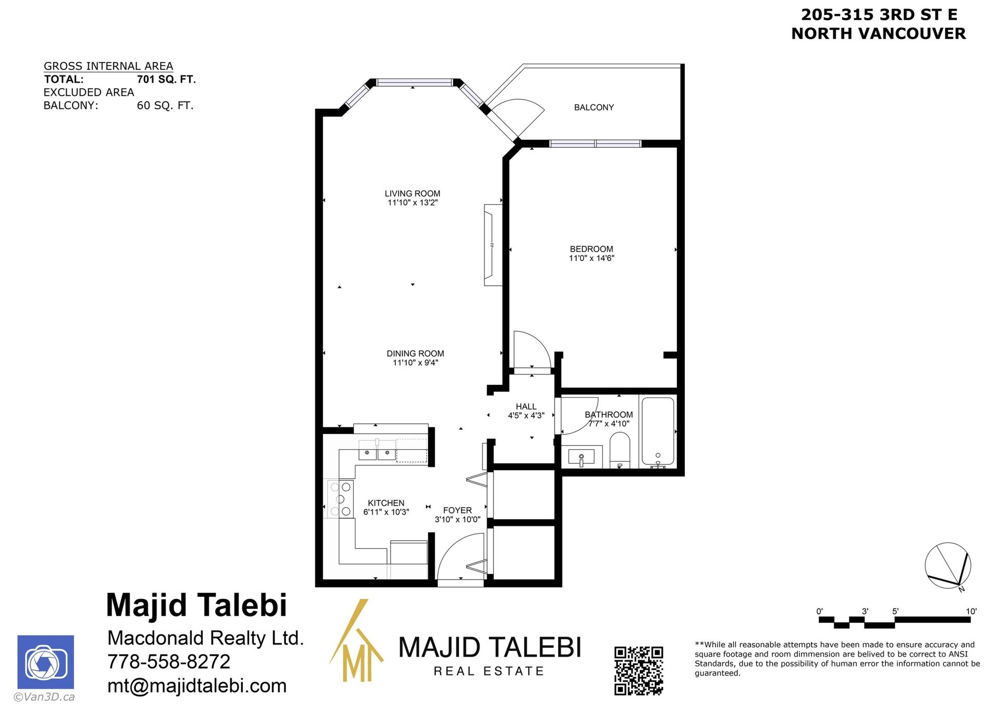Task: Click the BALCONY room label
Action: pyautogui.click(x=594, y=107)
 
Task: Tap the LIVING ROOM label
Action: pyautogui.click(x=412, y=193)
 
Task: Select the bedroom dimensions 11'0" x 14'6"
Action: pyautogui.click(x=591, y=258)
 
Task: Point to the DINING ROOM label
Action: pyautogui.click(x=415, y=354)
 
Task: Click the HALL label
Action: pyautogui.click(x=526, y=407)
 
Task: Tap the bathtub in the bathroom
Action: pyautogui.click(x=658, y=432)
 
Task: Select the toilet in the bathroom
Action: pyautogui.click(x=619, y=450)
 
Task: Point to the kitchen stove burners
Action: pyautogui.click(x=341, y=499)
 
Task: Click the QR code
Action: pyautogui.click(x=639, y=671)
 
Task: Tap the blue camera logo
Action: pyautogui.click(x=46, y=662)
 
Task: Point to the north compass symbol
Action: pyautogui.click(x=948, y=566)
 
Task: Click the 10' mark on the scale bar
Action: pyautogui.click(x=971, y=612)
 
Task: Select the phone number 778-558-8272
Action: pyautogui.click(x=169, y=662)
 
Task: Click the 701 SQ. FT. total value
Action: pyautogui.click(x=167, y=79)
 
